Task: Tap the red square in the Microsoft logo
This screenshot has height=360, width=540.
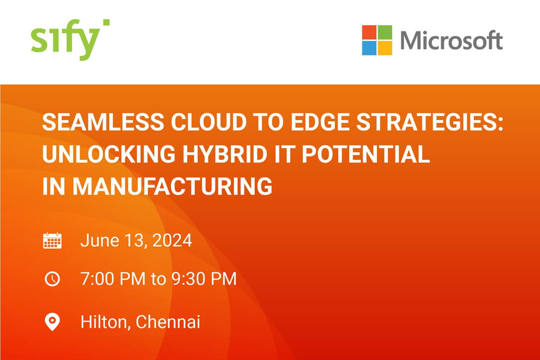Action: click(x=369, y=32)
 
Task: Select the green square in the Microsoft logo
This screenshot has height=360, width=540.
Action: click(x=385, y=32)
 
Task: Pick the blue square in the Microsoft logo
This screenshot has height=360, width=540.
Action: click(x=369, y=48)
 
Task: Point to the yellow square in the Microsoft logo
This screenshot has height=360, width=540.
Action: click(x=385, y=48)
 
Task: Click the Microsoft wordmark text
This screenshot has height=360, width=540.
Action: click(x=451, y=40)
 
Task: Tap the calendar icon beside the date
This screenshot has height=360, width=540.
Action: click(x=52, y=240)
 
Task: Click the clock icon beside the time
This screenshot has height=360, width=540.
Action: click(x=52, y=279)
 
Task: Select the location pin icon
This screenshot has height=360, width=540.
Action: click(x=52, y=322)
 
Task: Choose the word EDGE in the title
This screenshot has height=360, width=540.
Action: click(x=319, y=122)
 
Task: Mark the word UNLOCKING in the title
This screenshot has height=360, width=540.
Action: click(x=109, y=154)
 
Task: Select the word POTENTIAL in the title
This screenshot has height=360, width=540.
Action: click(x=366, y=154)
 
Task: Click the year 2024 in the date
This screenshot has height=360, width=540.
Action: click(x=172, y=240)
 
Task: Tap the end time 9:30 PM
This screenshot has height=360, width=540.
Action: click(x=204, y=279)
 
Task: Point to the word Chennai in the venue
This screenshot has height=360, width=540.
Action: click(x=168, y=322)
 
